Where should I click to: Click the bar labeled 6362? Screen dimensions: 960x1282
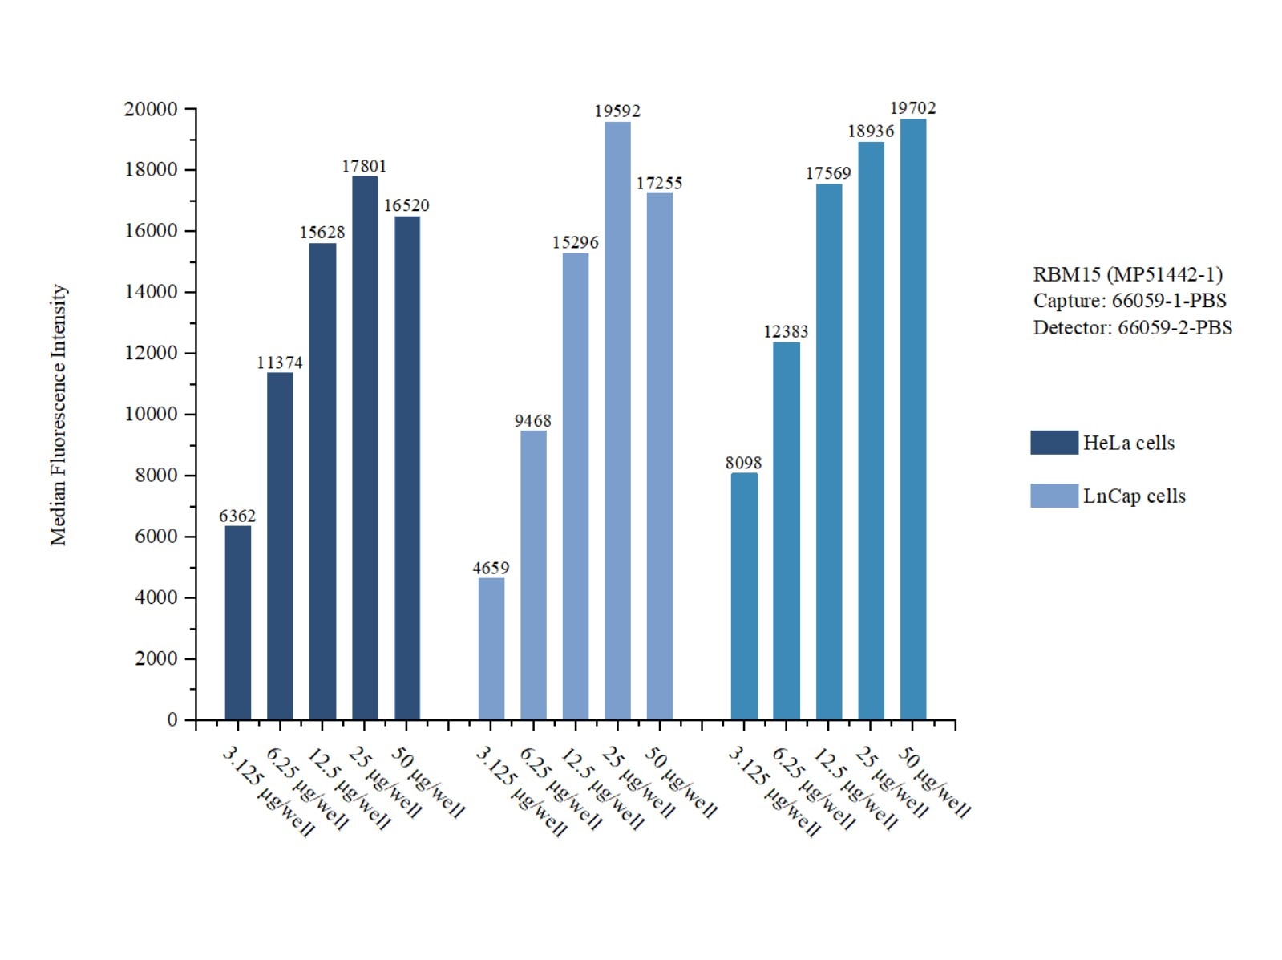237,622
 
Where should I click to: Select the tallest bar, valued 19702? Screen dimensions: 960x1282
912,419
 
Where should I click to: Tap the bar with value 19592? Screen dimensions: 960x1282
617,420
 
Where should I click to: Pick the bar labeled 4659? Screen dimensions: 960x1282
491,648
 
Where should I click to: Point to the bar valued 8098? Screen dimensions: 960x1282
744,596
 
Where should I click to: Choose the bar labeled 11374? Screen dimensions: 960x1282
280,545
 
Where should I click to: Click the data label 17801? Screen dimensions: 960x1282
364,166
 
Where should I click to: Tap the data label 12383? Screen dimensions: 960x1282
786,331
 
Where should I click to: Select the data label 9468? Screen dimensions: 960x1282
532,420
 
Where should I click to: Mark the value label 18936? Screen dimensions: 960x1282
871,131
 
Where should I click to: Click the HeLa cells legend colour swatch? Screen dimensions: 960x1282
1054,443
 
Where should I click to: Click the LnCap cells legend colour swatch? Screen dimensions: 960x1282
1054,496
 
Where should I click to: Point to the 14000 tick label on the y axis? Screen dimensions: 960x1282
151,292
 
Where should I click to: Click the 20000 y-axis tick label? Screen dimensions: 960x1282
151,109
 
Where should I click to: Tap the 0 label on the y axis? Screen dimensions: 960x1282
172,720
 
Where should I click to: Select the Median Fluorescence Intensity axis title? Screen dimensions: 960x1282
59,415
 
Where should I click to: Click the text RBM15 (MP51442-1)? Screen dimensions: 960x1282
1127,274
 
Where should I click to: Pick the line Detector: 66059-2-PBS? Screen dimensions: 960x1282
1132,327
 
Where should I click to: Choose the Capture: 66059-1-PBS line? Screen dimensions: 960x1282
1129,301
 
